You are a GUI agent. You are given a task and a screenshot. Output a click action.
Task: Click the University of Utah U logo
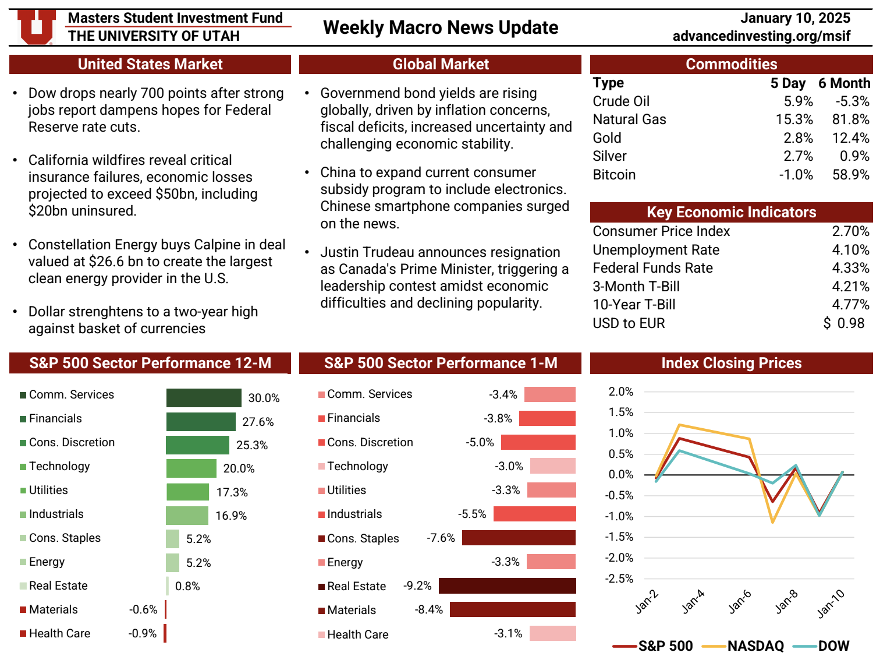36,27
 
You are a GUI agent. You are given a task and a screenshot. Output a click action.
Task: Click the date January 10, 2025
795,18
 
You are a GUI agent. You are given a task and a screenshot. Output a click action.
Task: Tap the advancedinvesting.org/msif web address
761,36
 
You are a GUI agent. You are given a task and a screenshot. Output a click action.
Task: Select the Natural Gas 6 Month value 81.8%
850,119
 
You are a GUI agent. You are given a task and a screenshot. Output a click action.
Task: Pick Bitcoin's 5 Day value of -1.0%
796,175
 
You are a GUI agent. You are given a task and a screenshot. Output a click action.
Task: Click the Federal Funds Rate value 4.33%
850,268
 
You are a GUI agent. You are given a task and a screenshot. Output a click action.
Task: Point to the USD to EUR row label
629,323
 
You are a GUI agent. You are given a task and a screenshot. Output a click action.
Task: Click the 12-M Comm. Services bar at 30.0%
204,398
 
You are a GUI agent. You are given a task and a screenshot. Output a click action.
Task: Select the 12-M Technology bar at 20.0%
191,468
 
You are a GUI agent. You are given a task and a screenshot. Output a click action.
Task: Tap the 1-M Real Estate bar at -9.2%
507,586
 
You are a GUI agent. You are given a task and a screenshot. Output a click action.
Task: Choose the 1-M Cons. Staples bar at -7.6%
519,538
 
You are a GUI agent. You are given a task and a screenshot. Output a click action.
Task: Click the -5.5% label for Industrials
472,514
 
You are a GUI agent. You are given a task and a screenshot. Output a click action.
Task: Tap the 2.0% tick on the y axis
620,392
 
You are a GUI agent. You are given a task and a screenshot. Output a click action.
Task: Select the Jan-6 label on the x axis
740,602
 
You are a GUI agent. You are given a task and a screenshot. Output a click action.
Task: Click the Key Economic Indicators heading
731,212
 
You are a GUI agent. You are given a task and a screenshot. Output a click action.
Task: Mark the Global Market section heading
440,64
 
